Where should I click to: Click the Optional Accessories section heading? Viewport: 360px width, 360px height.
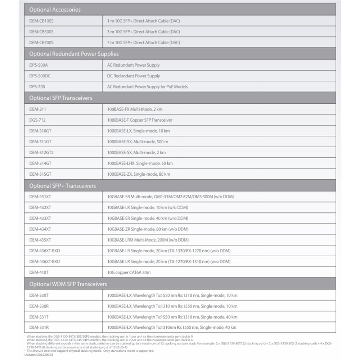click(55, 10)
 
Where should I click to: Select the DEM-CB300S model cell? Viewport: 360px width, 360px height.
click(41, 32)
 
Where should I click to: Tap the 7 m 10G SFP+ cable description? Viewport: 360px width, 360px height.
click(143, 42)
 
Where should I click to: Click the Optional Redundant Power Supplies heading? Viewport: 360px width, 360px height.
click(74, 54)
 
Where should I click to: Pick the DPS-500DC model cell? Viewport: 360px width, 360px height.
click(40, 76)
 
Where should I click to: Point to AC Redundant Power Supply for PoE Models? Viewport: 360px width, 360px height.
click(147, 87)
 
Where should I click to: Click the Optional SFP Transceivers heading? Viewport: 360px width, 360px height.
click(60, 98)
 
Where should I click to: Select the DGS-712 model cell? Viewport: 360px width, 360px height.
click(37, 120)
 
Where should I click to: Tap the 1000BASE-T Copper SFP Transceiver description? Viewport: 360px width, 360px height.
click(140, 120)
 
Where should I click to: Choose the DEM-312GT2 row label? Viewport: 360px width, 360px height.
click(41, 152)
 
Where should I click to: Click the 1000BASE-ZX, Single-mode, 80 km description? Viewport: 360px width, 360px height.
click(139, 174)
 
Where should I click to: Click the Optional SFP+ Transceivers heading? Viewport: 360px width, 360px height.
click(62, 186)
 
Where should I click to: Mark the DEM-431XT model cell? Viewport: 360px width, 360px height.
click(40, 197)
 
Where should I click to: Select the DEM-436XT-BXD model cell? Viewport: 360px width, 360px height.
click(44, 251)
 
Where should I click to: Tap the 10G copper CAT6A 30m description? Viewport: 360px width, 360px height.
click(129, 273)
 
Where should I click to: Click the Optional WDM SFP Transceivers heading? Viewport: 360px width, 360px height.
click(68, 284)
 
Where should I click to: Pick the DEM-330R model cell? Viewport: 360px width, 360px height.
click(39, 306)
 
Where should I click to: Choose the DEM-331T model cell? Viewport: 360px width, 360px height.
click(39, 317)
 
